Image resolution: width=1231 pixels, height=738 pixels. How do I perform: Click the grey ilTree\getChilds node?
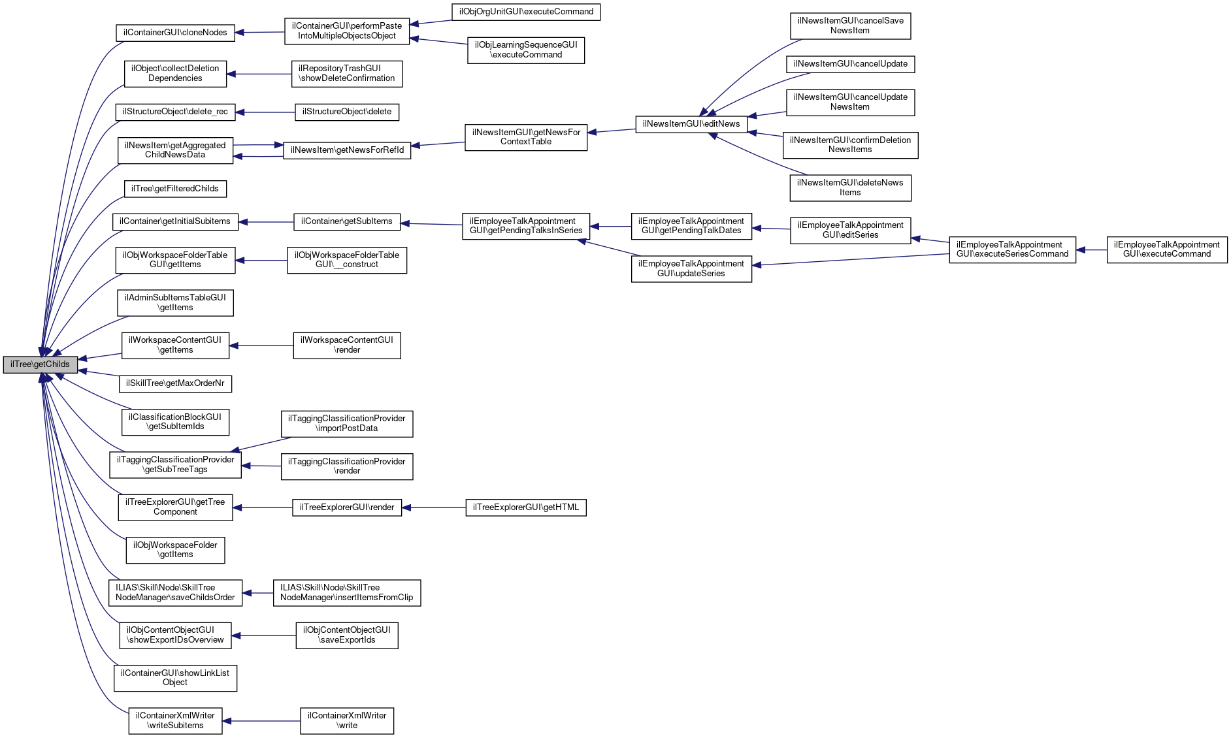[x=40, y=364]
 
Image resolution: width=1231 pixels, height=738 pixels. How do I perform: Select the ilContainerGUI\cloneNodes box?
[x=175, y=33]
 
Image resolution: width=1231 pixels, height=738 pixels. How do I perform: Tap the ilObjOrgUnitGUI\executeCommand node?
[x=526, y=12]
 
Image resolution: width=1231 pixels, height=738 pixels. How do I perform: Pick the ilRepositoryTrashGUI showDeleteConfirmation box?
[x=346, y=74]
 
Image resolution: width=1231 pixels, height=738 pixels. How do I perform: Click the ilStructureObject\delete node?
[x=347, y=112]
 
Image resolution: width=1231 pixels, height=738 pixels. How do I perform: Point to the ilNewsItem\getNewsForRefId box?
[x=347, y=150]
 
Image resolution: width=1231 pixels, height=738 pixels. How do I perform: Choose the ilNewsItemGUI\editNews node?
[x=691, y=124]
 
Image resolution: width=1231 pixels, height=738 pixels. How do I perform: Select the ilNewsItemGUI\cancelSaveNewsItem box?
[x=850, y=26]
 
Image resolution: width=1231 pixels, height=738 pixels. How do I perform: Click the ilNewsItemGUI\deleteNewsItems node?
[x=850, y=188]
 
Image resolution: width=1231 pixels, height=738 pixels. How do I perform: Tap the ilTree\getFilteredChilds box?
[x=175, y=189]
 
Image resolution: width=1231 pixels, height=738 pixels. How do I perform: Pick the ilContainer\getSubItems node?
[x=346, y=222]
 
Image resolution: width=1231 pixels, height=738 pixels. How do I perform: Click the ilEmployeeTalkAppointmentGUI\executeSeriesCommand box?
[x=1012, y=250]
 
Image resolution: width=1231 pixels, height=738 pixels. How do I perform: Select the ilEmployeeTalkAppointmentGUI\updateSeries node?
[x=691, y=269]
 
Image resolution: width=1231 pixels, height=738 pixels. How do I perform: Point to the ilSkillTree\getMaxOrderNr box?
[x=175, y=383]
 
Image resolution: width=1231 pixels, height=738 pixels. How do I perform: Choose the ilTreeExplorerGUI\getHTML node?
[x=526, y=507]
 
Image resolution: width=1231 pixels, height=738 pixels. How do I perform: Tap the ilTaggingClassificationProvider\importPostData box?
[x=346, y=424]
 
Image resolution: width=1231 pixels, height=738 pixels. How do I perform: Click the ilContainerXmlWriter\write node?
[x=347, y=721]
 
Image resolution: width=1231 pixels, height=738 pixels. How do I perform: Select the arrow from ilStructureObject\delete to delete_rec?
[x=265, y=112]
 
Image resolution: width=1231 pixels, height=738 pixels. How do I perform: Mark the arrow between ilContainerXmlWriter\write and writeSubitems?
[x=261, y=721]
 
